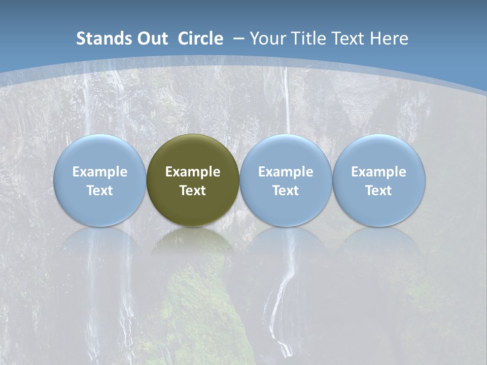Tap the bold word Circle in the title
(200, 39)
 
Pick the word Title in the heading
(309, 39)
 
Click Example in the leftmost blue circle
(99, 172)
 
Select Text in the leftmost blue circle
(99, 191)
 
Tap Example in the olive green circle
(193, 172)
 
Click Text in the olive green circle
(193, 191)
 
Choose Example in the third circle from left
(286, 172)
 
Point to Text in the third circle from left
(286, 191)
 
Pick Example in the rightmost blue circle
(378, 172)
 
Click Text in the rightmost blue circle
(378, 191)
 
